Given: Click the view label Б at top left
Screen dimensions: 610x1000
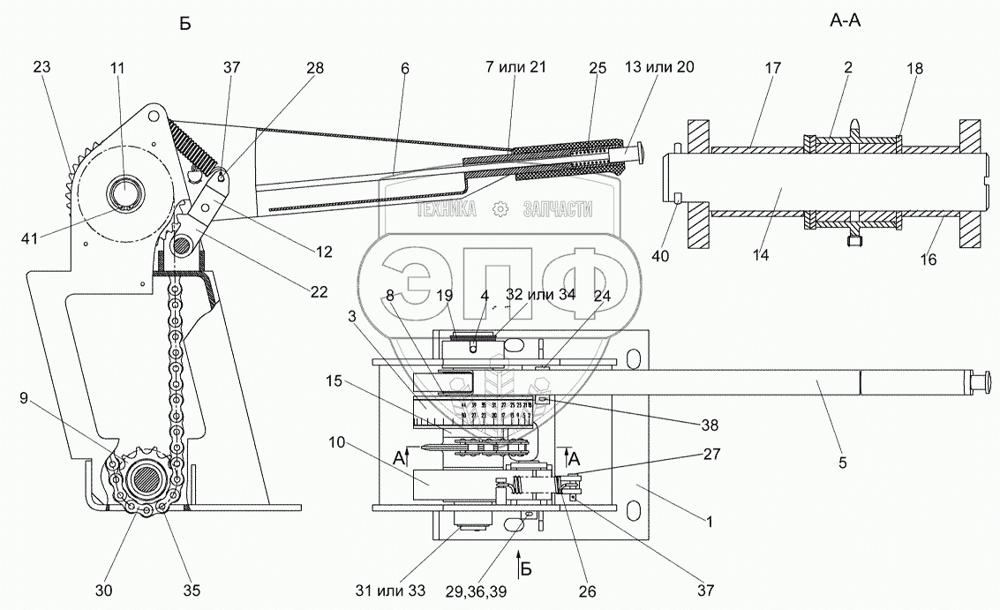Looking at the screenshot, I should (184, 24).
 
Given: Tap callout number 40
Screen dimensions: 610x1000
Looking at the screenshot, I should (660, 257).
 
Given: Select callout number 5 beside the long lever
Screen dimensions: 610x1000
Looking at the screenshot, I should (842, 461).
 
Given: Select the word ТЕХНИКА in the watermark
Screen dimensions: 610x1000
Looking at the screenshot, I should (447, 208).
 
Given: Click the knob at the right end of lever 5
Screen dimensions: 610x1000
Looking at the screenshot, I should (981, 381).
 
